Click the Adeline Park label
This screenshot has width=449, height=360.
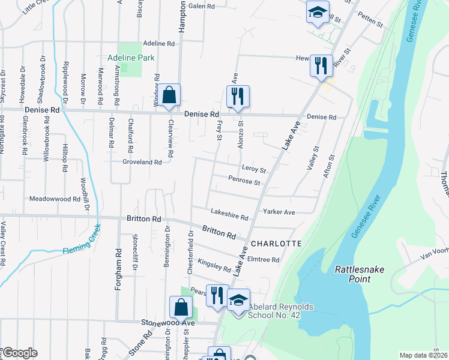[131, 58]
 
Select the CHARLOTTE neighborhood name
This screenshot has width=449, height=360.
[276, 244]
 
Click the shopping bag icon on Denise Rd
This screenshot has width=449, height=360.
[170, 95]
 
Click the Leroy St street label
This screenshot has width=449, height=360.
[254, 169]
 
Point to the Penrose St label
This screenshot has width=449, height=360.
[244, 180]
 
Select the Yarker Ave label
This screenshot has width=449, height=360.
[279, 212]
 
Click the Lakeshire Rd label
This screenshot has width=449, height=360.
[229, 214]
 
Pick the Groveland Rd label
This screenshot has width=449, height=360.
[142, 162]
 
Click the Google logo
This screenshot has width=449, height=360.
[19, 353]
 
